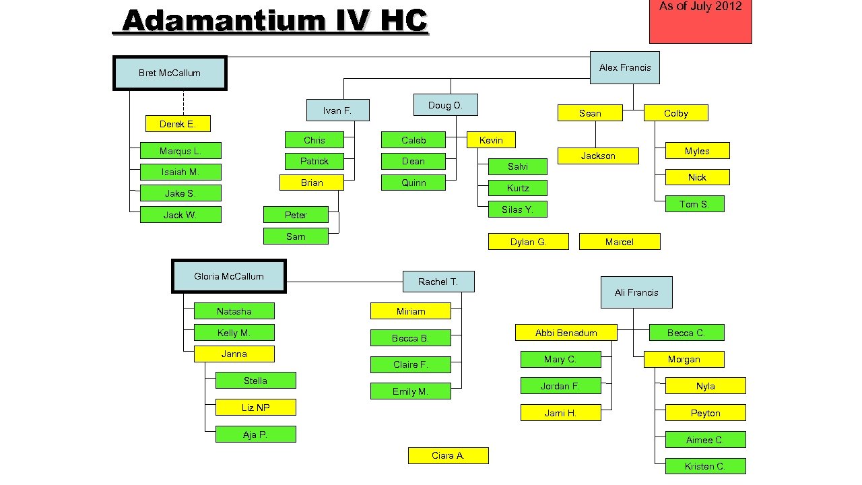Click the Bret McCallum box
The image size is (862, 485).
(170, 73)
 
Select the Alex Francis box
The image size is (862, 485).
(625, 67)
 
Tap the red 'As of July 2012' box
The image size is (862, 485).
(700, 20)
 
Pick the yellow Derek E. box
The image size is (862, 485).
(178, 124)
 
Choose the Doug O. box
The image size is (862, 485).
(445, 105)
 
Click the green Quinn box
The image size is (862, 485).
(413, 183)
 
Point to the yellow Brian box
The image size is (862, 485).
(312, 183)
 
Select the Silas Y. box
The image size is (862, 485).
(517, 209)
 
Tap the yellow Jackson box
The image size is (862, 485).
(598, 156)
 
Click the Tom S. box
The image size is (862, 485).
(694, 204)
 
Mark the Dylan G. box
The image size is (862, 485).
(528, 242)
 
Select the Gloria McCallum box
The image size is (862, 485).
(229, 276)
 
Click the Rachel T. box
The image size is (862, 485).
(438, 282)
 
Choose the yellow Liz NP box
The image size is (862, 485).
(255, 408)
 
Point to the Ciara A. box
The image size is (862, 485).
(448, 456)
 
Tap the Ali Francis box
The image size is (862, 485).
(636, 292)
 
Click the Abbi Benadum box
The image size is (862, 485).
(566, 333)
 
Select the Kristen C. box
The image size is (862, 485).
(705, 466)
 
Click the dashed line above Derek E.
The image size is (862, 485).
(183, 102)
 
